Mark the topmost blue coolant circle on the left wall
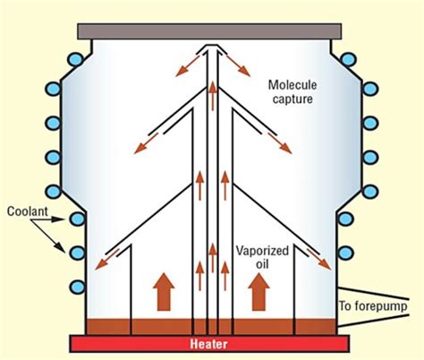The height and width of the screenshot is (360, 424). (x=78, y=64)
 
